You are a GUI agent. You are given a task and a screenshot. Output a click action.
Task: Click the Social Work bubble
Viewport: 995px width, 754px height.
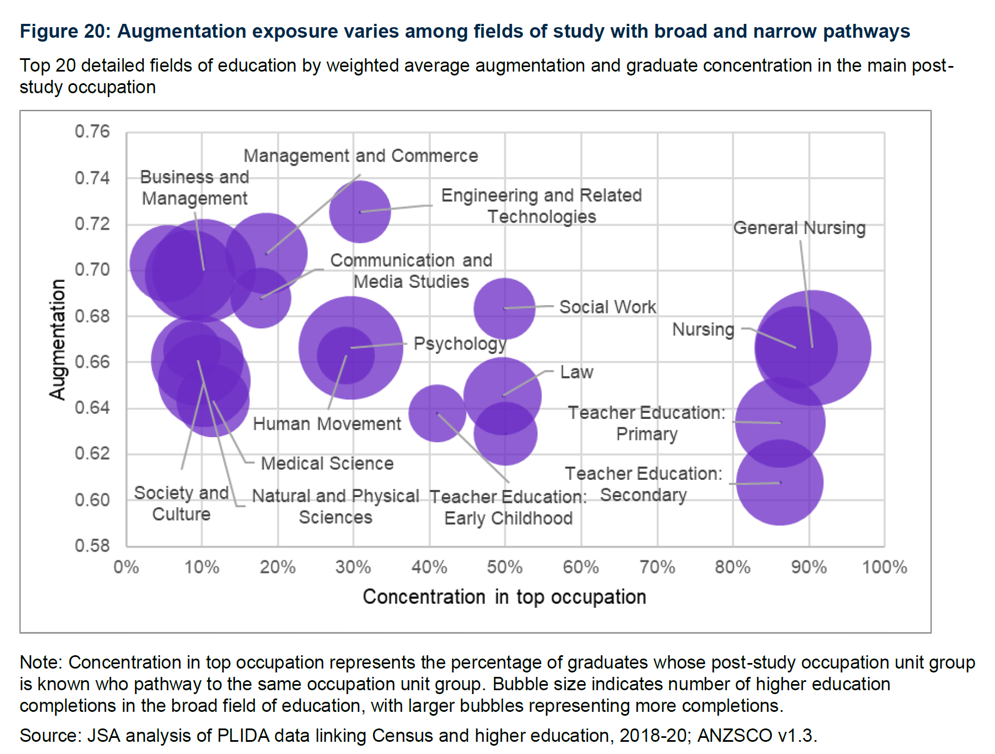[504, 308]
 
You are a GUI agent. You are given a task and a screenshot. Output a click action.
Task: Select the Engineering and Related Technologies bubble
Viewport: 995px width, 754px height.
[360, 212]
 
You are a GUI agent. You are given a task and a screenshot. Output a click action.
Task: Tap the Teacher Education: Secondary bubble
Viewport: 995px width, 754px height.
[780, 482]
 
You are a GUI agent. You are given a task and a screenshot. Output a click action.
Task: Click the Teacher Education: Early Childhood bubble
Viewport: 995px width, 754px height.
[438, 413]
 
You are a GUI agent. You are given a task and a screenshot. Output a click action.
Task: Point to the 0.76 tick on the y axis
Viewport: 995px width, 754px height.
[92, 131]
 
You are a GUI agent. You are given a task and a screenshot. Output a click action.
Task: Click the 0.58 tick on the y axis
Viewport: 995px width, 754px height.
[92, 545]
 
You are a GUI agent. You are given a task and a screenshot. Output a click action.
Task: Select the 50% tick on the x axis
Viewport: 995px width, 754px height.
[504, 567]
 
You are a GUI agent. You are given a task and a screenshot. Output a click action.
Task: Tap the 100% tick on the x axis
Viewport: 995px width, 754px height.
[884, 567]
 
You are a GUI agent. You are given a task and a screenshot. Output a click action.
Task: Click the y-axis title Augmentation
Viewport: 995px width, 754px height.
[57, 340]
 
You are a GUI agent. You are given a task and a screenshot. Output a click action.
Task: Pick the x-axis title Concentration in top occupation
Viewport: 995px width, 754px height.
[504, 597]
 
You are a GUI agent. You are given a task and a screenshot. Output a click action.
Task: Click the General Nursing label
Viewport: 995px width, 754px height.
[799, 228]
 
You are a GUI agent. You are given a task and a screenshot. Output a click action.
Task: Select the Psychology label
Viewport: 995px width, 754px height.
[460, 344]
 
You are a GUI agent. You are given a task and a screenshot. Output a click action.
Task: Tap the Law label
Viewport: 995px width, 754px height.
[576, 372]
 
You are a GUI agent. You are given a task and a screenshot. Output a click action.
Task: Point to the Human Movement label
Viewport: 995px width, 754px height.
[326, 424]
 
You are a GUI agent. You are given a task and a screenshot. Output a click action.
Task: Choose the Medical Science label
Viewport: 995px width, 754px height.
[327, 463]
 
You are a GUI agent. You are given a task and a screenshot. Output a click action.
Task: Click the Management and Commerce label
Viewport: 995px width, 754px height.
[360, 156]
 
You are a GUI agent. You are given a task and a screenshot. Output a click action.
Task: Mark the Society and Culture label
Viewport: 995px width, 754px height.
[182, 503]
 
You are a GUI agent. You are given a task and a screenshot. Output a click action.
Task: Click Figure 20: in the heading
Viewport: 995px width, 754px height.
[66, 32]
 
